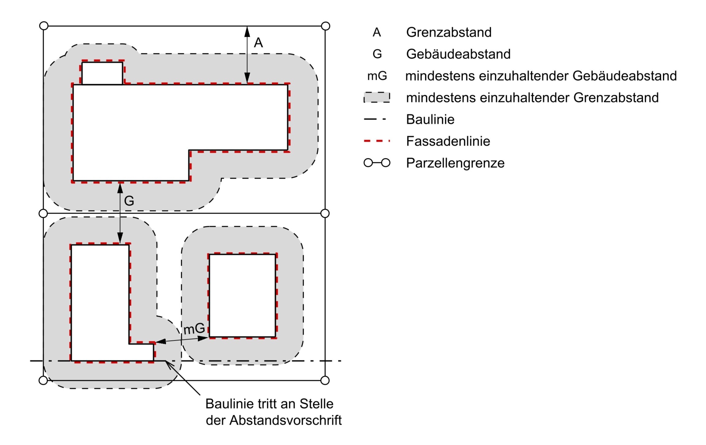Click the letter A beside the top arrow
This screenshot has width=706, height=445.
coord(258,43)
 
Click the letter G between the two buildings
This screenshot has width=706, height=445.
coord(129,201)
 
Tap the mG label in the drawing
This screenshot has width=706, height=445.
coord(194,329)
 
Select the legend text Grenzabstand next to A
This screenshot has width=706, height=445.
coord(449,32)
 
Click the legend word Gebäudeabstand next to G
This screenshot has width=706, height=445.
coord(458,54)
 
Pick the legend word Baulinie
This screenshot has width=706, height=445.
coord(430,119)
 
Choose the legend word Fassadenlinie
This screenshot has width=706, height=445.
coord(448,141)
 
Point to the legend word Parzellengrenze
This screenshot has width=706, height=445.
coord(455,163)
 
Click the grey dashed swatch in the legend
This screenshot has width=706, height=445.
coord(377,97)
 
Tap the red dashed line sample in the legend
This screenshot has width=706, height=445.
coord(377,141)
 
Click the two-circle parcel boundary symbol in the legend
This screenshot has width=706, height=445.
coord(377,163)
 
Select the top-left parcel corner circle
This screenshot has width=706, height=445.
coord(44,26)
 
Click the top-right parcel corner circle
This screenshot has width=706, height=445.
coord(325,26)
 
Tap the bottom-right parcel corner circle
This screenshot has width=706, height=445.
coord(325,380)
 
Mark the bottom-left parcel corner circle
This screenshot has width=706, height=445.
coord(43,380)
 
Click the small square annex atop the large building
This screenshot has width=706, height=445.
coord(103,73)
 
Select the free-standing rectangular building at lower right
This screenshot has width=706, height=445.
coord(242,296)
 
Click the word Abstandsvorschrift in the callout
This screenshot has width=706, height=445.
coord(285,420)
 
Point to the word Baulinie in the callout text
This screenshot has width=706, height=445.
coord(229,404)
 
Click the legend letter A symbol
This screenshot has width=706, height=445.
coord(377,32)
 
